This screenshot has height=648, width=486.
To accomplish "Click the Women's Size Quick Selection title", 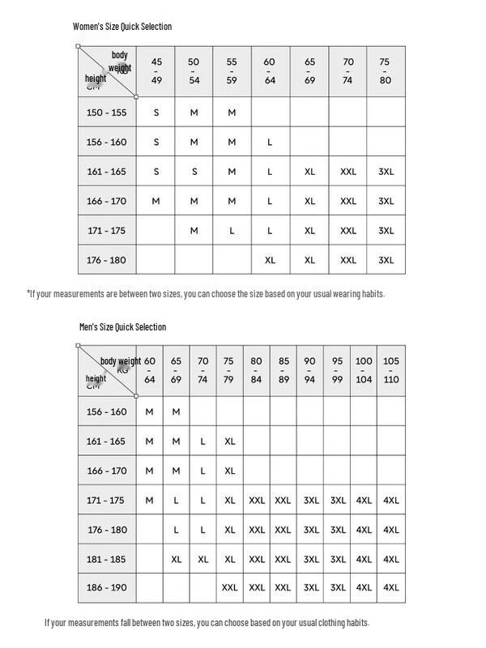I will click(x=122, y=27).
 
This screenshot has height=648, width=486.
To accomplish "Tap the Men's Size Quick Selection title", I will click(x=122, y=327).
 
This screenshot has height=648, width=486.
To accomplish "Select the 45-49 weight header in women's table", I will click(x=156, y=70).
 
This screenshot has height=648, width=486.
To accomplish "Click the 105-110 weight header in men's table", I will click(x=391, y=370).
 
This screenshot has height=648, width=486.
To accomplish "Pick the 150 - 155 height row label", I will click(x=107, y=113).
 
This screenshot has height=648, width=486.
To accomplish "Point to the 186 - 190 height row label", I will click(x=107, y=588).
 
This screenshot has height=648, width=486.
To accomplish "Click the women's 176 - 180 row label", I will click(x=107, y=260).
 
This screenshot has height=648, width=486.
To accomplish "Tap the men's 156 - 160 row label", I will click(x=107, y=412).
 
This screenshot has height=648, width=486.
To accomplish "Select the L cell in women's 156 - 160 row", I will click(x=270, y=143).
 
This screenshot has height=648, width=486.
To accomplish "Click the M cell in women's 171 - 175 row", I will click(x=194, y=231).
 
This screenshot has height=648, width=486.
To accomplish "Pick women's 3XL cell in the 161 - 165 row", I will click(x=386, y=172).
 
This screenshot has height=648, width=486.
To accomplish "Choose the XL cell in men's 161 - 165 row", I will click(x=230, y=441).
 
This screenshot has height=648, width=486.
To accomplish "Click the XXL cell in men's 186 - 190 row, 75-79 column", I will click(x=230, y=588).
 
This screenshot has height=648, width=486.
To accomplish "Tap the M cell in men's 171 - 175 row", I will click(x=149, y=501).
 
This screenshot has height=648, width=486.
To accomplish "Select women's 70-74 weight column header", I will click(x=348, y=70).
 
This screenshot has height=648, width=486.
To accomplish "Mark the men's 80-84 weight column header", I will click(x=256, y=370).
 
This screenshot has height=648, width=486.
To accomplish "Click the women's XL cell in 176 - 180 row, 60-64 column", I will click(x=270, y=260).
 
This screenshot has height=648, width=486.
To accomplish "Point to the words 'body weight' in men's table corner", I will click(x=121, y=361).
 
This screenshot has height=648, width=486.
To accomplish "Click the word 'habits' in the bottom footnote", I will click(x=356, y=623).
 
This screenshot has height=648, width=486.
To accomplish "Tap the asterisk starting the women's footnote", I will click(x=28, y=293).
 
